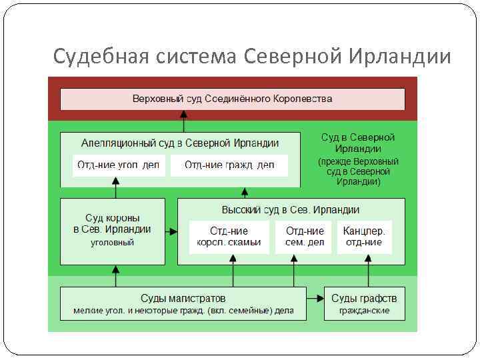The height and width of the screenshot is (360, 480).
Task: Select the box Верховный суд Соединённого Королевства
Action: pyautogui.click(x=233, y=99)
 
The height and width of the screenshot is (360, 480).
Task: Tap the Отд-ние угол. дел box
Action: pyautogui.click(x=117, y=165)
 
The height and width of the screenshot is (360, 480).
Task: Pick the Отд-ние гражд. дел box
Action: pyautogui.click(x=229, y=165)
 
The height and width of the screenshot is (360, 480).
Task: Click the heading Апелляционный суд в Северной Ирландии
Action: pyautogui.click(x=180, y=143)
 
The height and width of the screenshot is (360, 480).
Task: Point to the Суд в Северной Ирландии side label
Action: pyautogui.click(x=358, y=159)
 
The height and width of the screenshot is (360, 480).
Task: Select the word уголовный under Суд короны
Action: pyautogui.click(x=113, y=243)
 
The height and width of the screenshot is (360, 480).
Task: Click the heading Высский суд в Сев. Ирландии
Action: pyautogui.click(x=291, y=209)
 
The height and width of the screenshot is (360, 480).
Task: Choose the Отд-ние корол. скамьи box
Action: pyautogui.click(x=229, y=237)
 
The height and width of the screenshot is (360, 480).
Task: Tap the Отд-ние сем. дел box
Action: pyautogui.click(x=305, y=237)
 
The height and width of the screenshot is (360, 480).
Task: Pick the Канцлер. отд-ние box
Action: pyautogui.click(x=364, y=237)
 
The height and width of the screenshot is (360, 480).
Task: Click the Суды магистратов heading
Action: pyautogui.click(x=183, y=297)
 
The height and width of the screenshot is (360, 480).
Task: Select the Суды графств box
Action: pyautogui.click(x=364, y=303)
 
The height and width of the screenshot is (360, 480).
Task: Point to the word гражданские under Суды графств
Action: pyautogui.click(x=364, y=311)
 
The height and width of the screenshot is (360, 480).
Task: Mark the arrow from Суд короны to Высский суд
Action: pyautogui.click(x=172, y=232)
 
